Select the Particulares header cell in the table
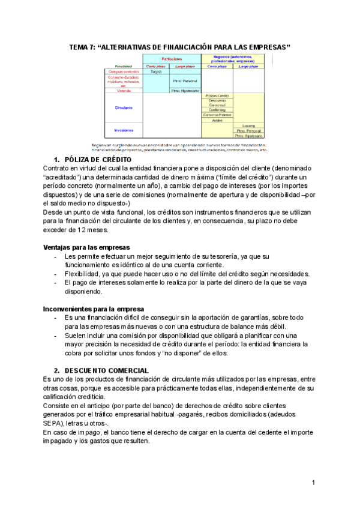pos(171,59)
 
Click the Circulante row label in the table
pos(124,108)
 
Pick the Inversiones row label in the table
pos(124,130)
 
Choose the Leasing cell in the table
pos(248,125)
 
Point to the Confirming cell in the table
pos(217,109)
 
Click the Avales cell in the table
pos(217,119)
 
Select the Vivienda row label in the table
pos(124,91)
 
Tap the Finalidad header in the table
pos(124,66)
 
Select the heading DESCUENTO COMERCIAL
pos(106,370)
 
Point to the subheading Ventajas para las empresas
pos(86,247)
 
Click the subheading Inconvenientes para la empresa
pos(93,309)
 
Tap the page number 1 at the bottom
pos(313,483)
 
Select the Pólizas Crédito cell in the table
pos(217,95)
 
